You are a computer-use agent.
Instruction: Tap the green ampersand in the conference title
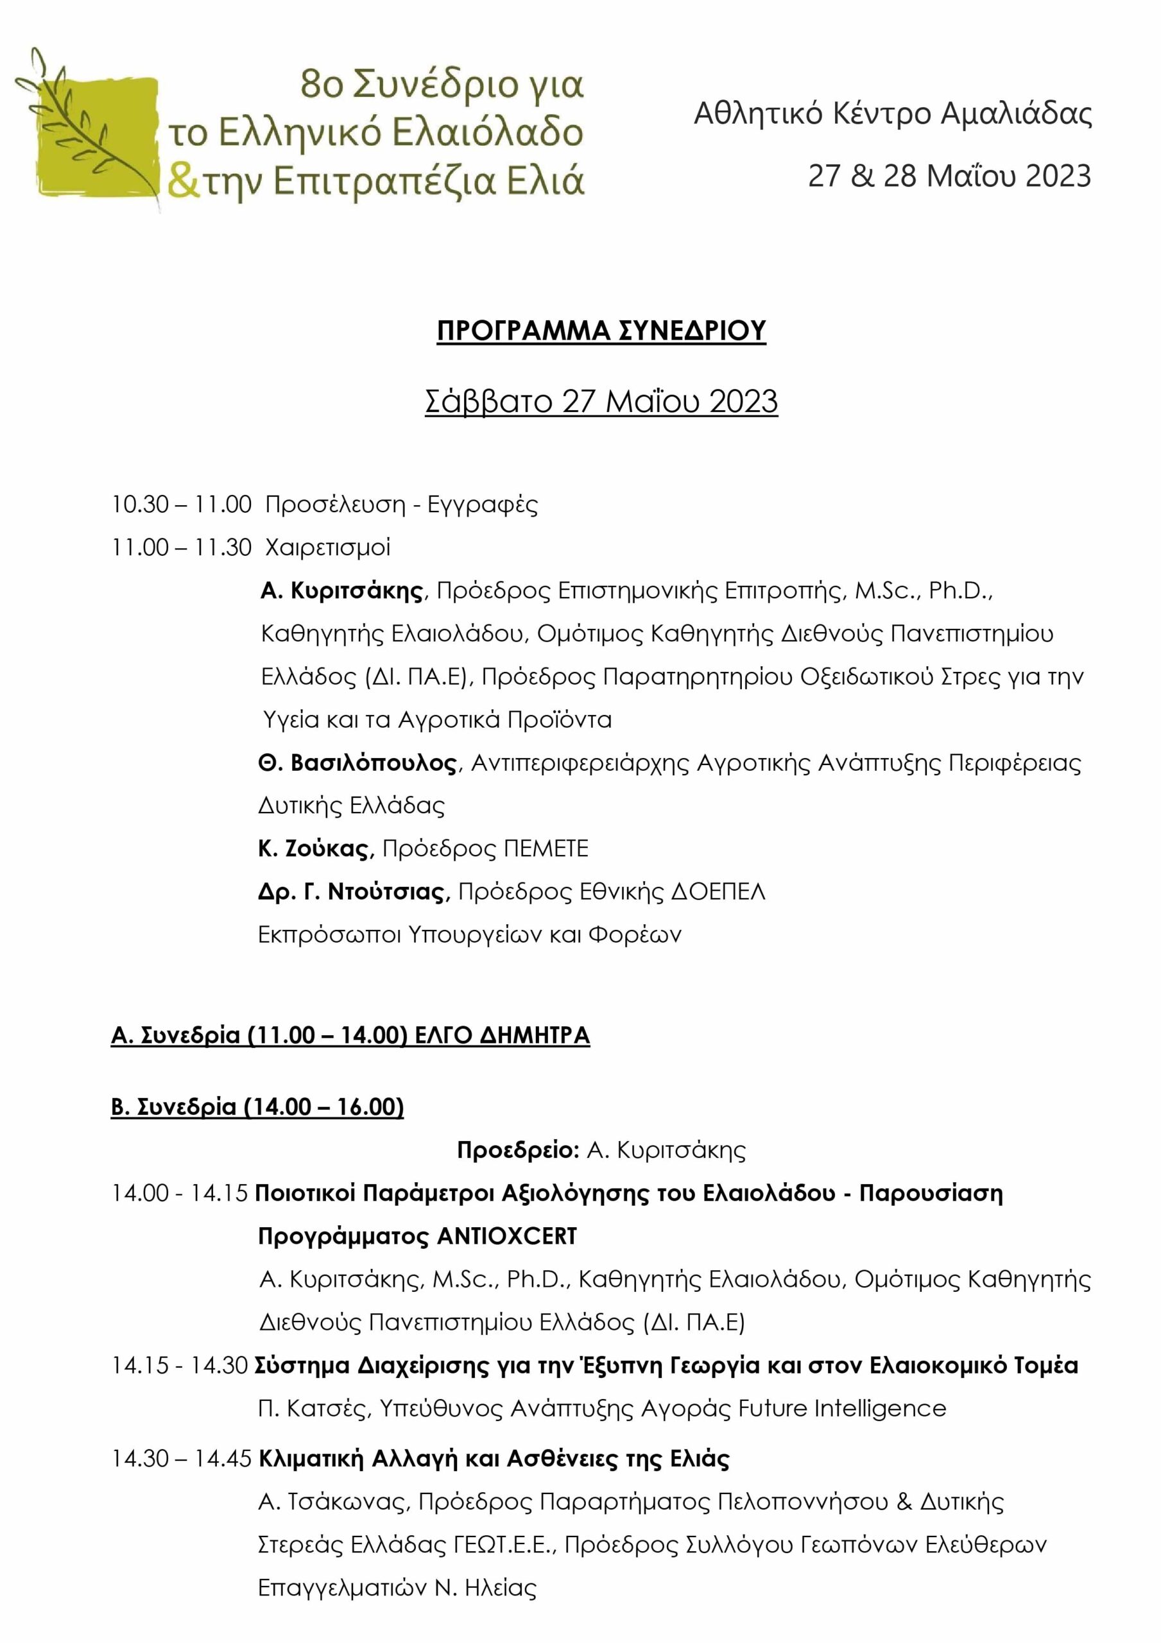(182, 182)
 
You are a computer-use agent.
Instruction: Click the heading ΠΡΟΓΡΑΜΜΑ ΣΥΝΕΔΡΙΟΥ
(601, 331)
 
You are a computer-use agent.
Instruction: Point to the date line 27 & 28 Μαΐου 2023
(949, 176)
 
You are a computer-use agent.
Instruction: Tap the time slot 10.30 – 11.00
(181, 504)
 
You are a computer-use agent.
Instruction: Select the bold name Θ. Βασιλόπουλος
(357, 763)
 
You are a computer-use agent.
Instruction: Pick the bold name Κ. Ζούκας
(316, 848)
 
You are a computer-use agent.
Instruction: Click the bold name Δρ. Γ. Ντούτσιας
(354, 891)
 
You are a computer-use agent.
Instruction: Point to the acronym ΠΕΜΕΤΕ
(546, 848)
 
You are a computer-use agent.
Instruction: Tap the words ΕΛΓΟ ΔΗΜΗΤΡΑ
(503, 1035)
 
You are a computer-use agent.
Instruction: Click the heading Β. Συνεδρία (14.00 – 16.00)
(258, 1107)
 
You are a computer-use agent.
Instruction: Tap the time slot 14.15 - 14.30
(180, 1365)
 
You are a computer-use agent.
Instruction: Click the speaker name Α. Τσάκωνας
(334, 1501)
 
